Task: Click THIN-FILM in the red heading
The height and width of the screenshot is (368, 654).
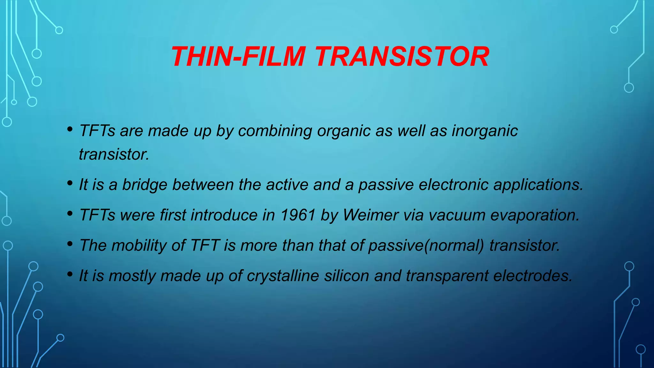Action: pos(238,57)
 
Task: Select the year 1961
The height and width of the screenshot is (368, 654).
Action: pos(298,215)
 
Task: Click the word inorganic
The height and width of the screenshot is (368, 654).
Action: pos(484,131)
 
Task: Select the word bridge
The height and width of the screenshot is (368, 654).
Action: pos(145,185)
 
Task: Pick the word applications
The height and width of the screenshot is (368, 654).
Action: pos(538,185)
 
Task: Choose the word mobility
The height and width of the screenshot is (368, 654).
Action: pos(139,245)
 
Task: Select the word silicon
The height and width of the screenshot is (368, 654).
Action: pos(346,276)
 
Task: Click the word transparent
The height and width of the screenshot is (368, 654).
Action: pos(447,276)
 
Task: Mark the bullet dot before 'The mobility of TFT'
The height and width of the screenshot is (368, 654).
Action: pos(70,244)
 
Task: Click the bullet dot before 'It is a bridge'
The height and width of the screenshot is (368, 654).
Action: pos(70,183)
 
